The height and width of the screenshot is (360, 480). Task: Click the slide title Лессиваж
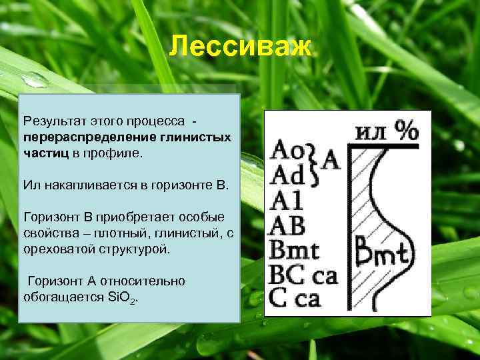click(240, 47)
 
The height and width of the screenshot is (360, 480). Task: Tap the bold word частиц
click(46, 153)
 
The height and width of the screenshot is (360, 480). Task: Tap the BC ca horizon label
click(304, 275)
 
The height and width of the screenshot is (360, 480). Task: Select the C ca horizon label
click(295, 299)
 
